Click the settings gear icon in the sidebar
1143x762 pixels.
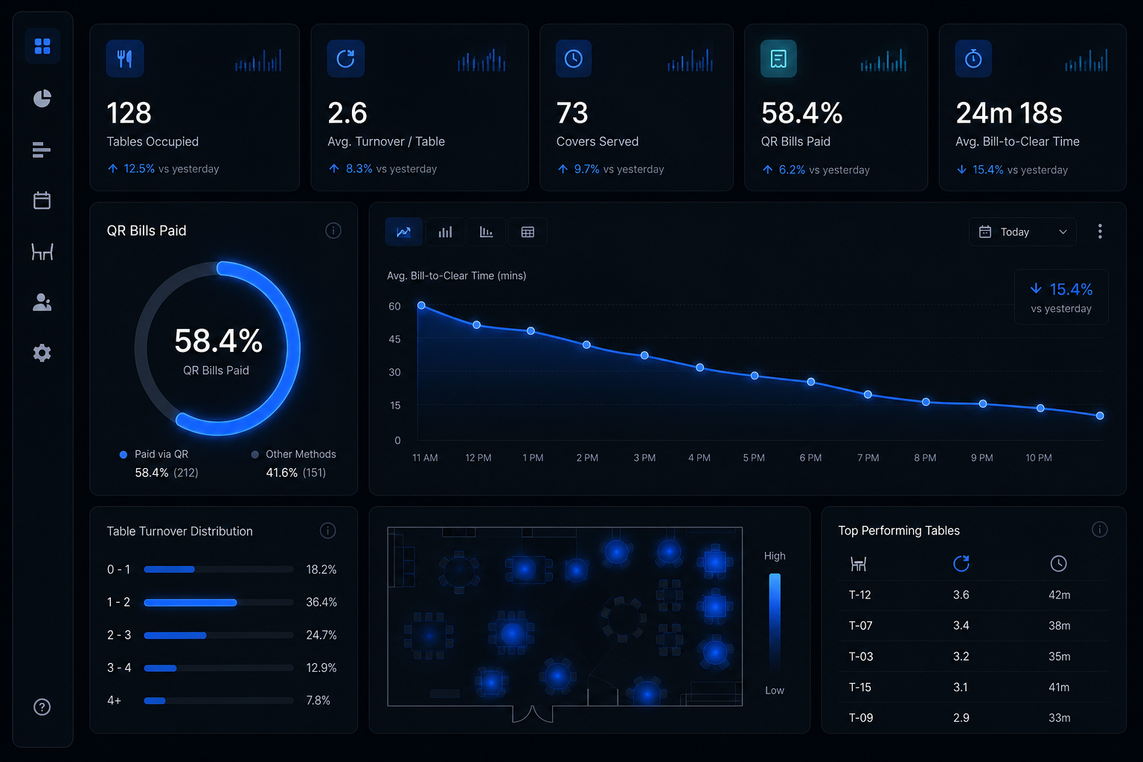42,353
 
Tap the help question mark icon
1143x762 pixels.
42,707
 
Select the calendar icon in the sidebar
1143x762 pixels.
42,201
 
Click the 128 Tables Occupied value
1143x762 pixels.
129,113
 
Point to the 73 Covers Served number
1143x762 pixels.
572,113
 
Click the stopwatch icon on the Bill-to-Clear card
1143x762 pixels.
973,59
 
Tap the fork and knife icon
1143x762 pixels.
125,59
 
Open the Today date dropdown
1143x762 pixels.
1022,231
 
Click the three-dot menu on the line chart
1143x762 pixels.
1100,231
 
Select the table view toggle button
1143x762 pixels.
528,232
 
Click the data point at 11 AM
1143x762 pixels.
421,305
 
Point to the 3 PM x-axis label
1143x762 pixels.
644,458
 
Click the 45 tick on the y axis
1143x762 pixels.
394,339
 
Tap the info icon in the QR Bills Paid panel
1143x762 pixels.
333,231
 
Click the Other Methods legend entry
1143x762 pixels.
294,454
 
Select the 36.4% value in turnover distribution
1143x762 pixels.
321,602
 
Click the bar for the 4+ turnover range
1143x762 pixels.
155,701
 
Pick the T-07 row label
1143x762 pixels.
860,626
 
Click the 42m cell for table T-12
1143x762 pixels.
1060,595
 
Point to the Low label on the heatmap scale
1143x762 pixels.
774,691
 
